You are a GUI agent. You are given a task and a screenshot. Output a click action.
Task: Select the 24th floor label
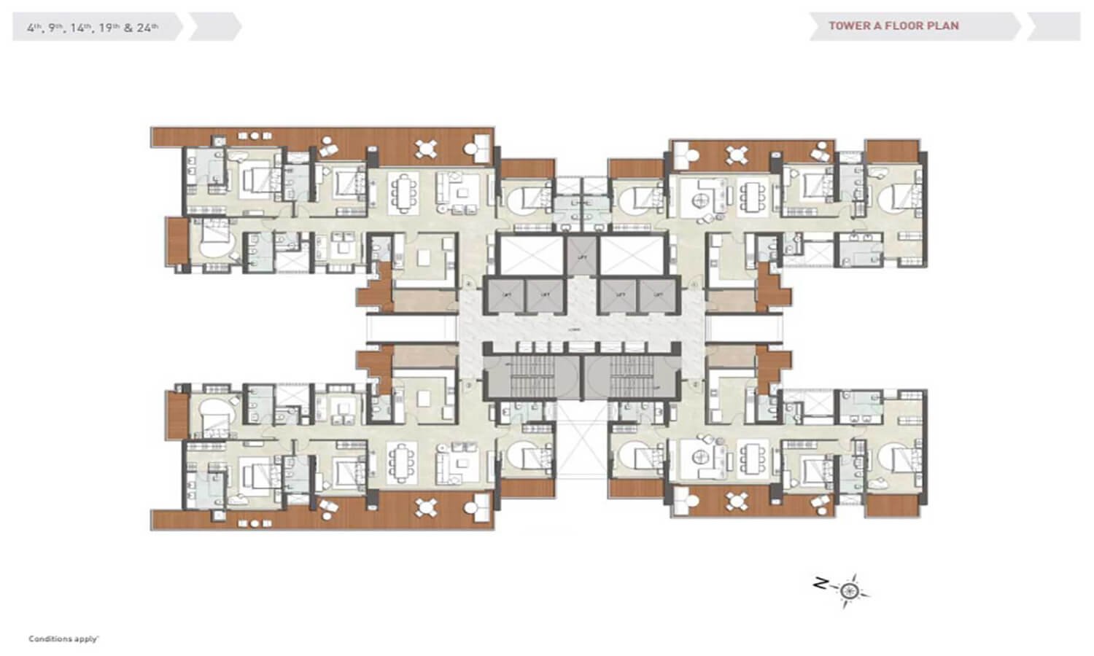[x=147, y=28]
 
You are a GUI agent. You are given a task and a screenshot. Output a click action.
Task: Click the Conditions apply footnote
[x=63, y=639]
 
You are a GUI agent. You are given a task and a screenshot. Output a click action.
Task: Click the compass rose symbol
[x=848, y=590]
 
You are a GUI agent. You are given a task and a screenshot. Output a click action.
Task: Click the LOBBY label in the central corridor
[x=576, y=329]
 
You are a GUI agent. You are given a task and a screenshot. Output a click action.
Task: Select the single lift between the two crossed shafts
[x=582, y=256]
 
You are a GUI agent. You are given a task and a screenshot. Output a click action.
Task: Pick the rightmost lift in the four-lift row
[x=659, y=295]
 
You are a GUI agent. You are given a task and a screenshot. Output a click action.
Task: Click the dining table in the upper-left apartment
[x=405, y=193]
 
